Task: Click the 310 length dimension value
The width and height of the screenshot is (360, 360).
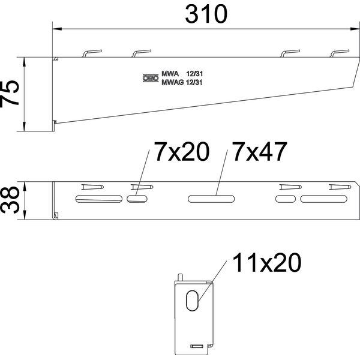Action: [x=206, y=14]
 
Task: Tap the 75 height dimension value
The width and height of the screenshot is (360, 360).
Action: [x=10, y=94]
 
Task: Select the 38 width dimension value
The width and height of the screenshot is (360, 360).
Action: [x=10, y=200]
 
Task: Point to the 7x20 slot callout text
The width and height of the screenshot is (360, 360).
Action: [x=182, y=152]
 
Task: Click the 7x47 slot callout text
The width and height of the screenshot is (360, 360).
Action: [x=260, y=152]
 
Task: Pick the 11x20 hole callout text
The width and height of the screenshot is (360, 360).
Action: [x=267, y=263]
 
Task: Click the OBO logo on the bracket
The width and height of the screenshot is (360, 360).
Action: [x=151, y=78]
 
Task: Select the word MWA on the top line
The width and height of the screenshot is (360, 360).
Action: [x=170, y=74]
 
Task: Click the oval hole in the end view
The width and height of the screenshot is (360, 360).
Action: [x=192, y=301]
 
